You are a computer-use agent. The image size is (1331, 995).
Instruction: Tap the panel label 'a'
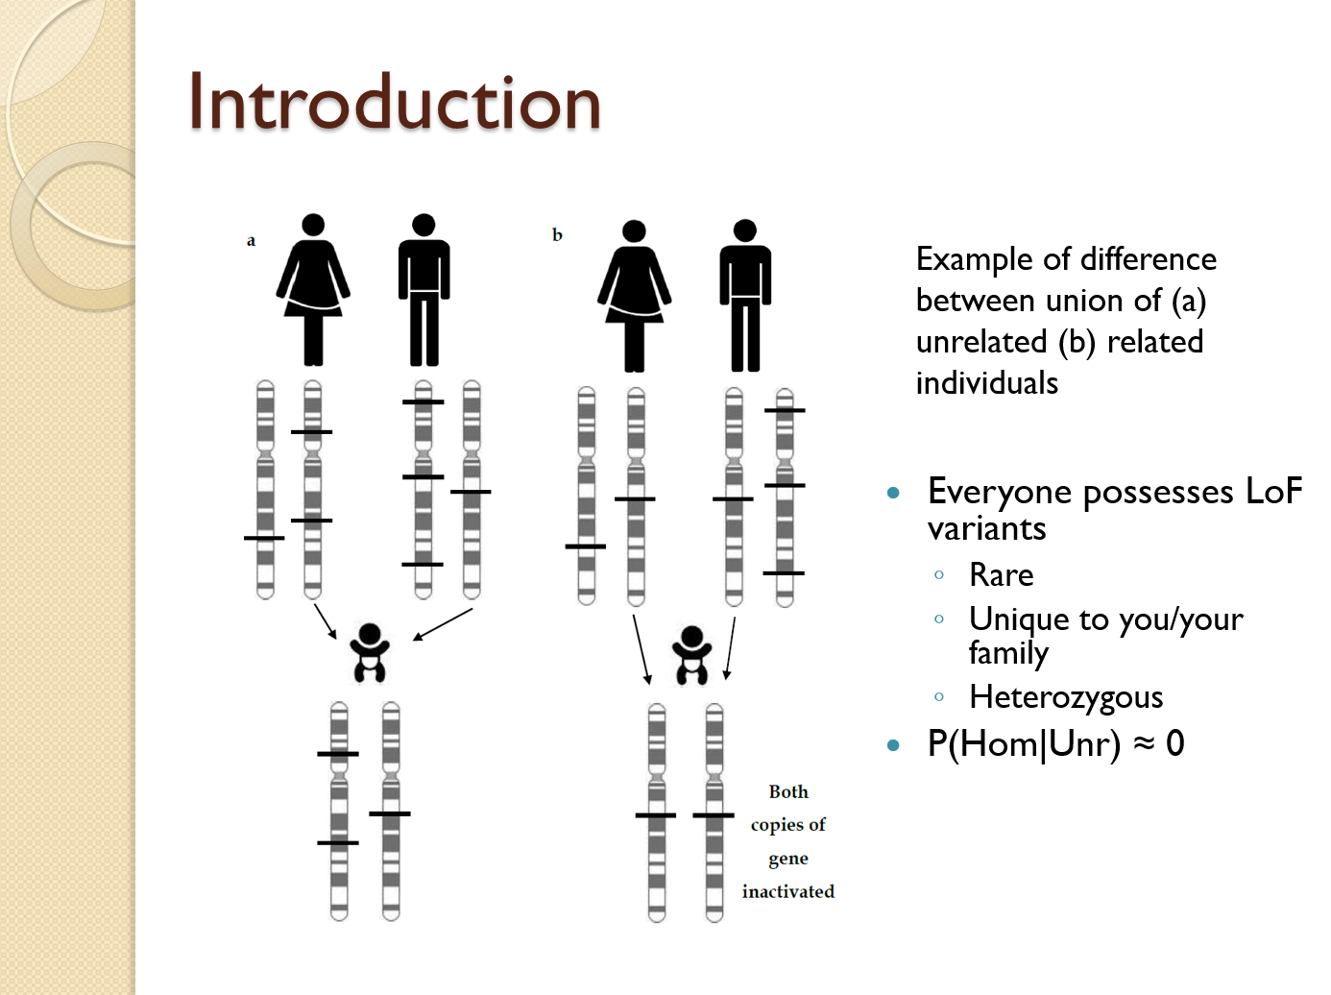tap(252, 241)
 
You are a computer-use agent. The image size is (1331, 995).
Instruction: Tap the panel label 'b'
tap(557, 235)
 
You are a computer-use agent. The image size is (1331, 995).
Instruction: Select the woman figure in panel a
tap(313, 288)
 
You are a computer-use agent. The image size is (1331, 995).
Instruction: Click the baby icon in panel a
tap(370, 652)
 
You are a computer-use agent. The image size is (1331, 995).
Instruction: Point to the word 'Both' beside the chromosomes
tap(788, 792)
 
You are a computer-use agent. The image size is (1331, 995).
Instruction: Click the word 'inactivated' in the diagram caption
tap(787, 892)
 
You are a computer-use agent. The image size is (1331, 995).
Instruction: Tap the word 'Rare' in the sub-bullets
tap(1002, 575)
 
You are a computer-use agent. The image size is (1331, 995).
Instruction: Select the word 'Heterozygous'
tap(1066, 697)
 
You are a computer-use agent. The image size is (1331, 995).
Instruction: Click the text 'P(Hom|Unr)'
tap(1024, 744)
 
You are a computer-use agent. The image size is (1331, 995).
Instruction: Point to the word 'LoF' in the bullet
tap(1273, 492)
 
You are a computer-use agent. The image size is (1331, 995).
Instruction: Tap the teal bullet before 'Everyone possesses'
tap(894, 494)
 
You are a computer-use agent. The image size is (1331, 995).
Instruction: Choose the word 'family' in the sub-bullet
tap(1008, 654)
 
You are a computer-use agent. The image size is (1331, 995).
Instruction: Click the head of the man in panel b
tap(745, 231)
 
